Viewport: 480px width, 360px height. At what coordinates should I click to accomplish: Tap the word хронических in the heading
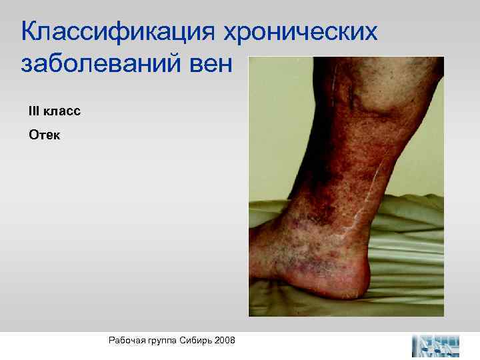(x=303, y=31)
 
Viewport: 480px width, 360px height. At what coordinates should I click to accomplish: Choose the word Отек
(x=44, y=135)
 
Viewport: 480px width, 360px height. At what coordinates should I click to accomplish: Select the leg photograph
(x=346, y=186)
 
